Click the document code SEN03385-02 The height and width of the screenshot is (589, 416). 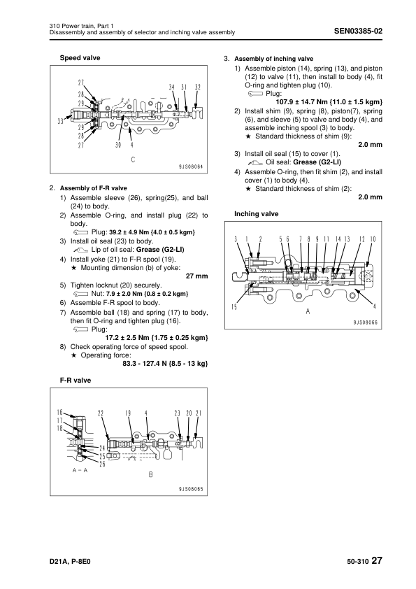point(358,31)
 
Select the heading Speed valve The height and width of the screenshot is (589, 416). point(80,58)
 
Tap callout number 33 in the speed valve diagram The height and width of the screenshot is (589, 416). point(60,121)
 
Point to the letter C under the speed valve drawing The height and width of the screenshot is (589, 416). point(133,159)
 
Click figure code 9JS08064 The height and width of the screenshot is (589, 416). point(191,166)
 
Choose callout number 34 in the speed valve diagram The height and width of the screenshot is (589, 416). point(171,87)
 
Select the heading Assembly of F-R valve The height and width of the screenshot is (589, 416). point(94,188)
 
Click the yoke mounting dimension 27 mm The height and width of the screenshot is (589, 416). point(196,276)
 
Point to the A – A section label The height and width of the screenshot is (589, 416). point(80,470)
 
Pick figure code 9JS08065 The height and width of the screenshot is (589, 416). point(191,489)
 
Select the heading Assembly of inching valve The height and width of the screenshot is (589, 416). point(273,59)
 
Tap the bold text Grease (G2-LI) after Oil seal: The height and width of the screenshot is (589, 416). point(317,162)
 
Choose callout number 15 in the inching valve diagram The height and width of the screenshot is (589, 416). point(234,307)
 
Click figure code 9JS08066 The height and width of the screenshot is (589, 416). point(366,322)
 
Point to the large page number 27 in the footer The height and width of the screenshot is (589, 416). point(377,560)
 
